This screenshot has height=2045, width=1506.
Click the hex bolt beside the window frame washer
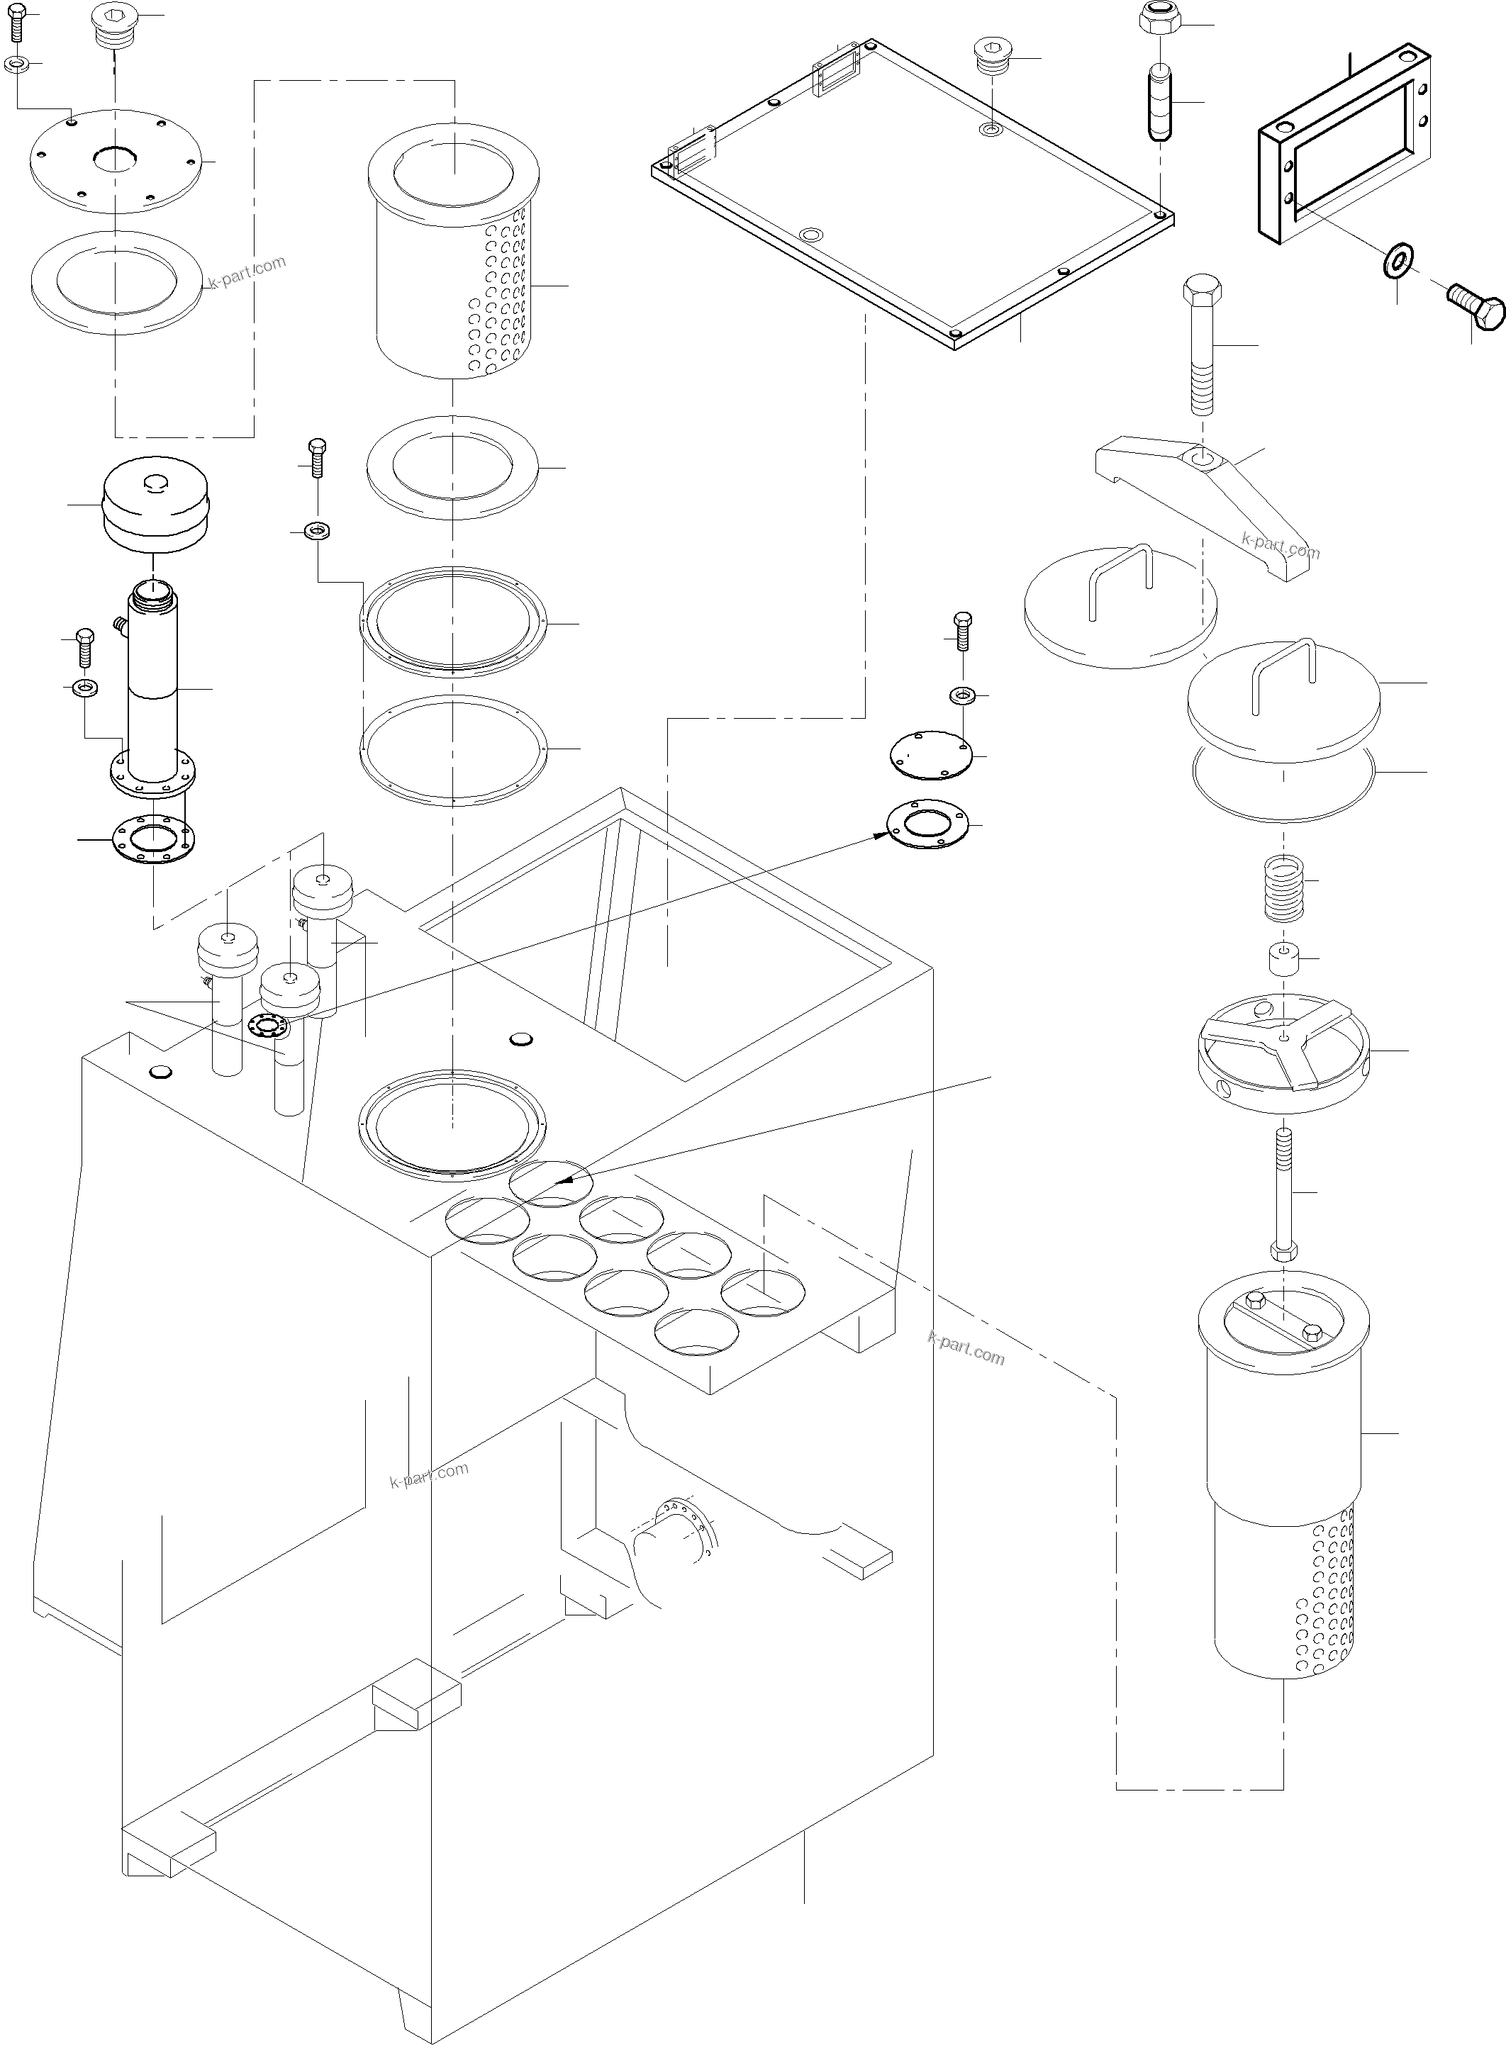pos(1477,306)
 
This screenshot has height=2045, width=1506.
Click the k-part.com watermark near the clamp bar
pos(1280,545)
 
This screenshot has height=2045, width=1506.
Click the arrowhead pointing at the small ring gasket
pos(878,833)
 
